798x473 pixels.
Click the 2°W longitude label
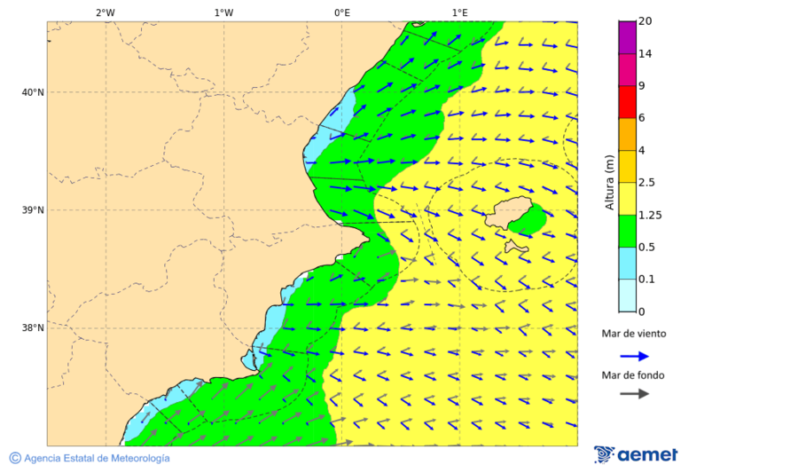(105, 12)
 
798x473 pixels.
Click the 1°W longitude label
(223, 12)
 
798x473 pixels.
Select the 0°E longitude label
(341, 12)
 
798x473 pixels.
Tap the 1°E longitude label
(459, 12)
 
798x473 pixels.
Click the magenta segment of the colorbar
(627, 37)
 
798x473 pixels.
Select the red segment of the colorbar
(627, 102)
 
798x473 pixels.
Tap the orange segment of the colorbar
(627, 134)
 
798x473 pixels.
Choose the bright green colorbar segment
(627, 231)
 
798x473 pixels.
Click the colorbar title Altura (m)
(610, 182)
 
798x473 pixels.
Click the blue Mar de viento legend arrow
(634, 356)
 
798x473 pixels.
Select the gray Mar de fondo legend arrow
(634, 394)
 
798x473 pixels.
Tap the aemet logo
(636, 454)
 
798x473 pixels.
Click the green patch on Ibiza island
(531, 218)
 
